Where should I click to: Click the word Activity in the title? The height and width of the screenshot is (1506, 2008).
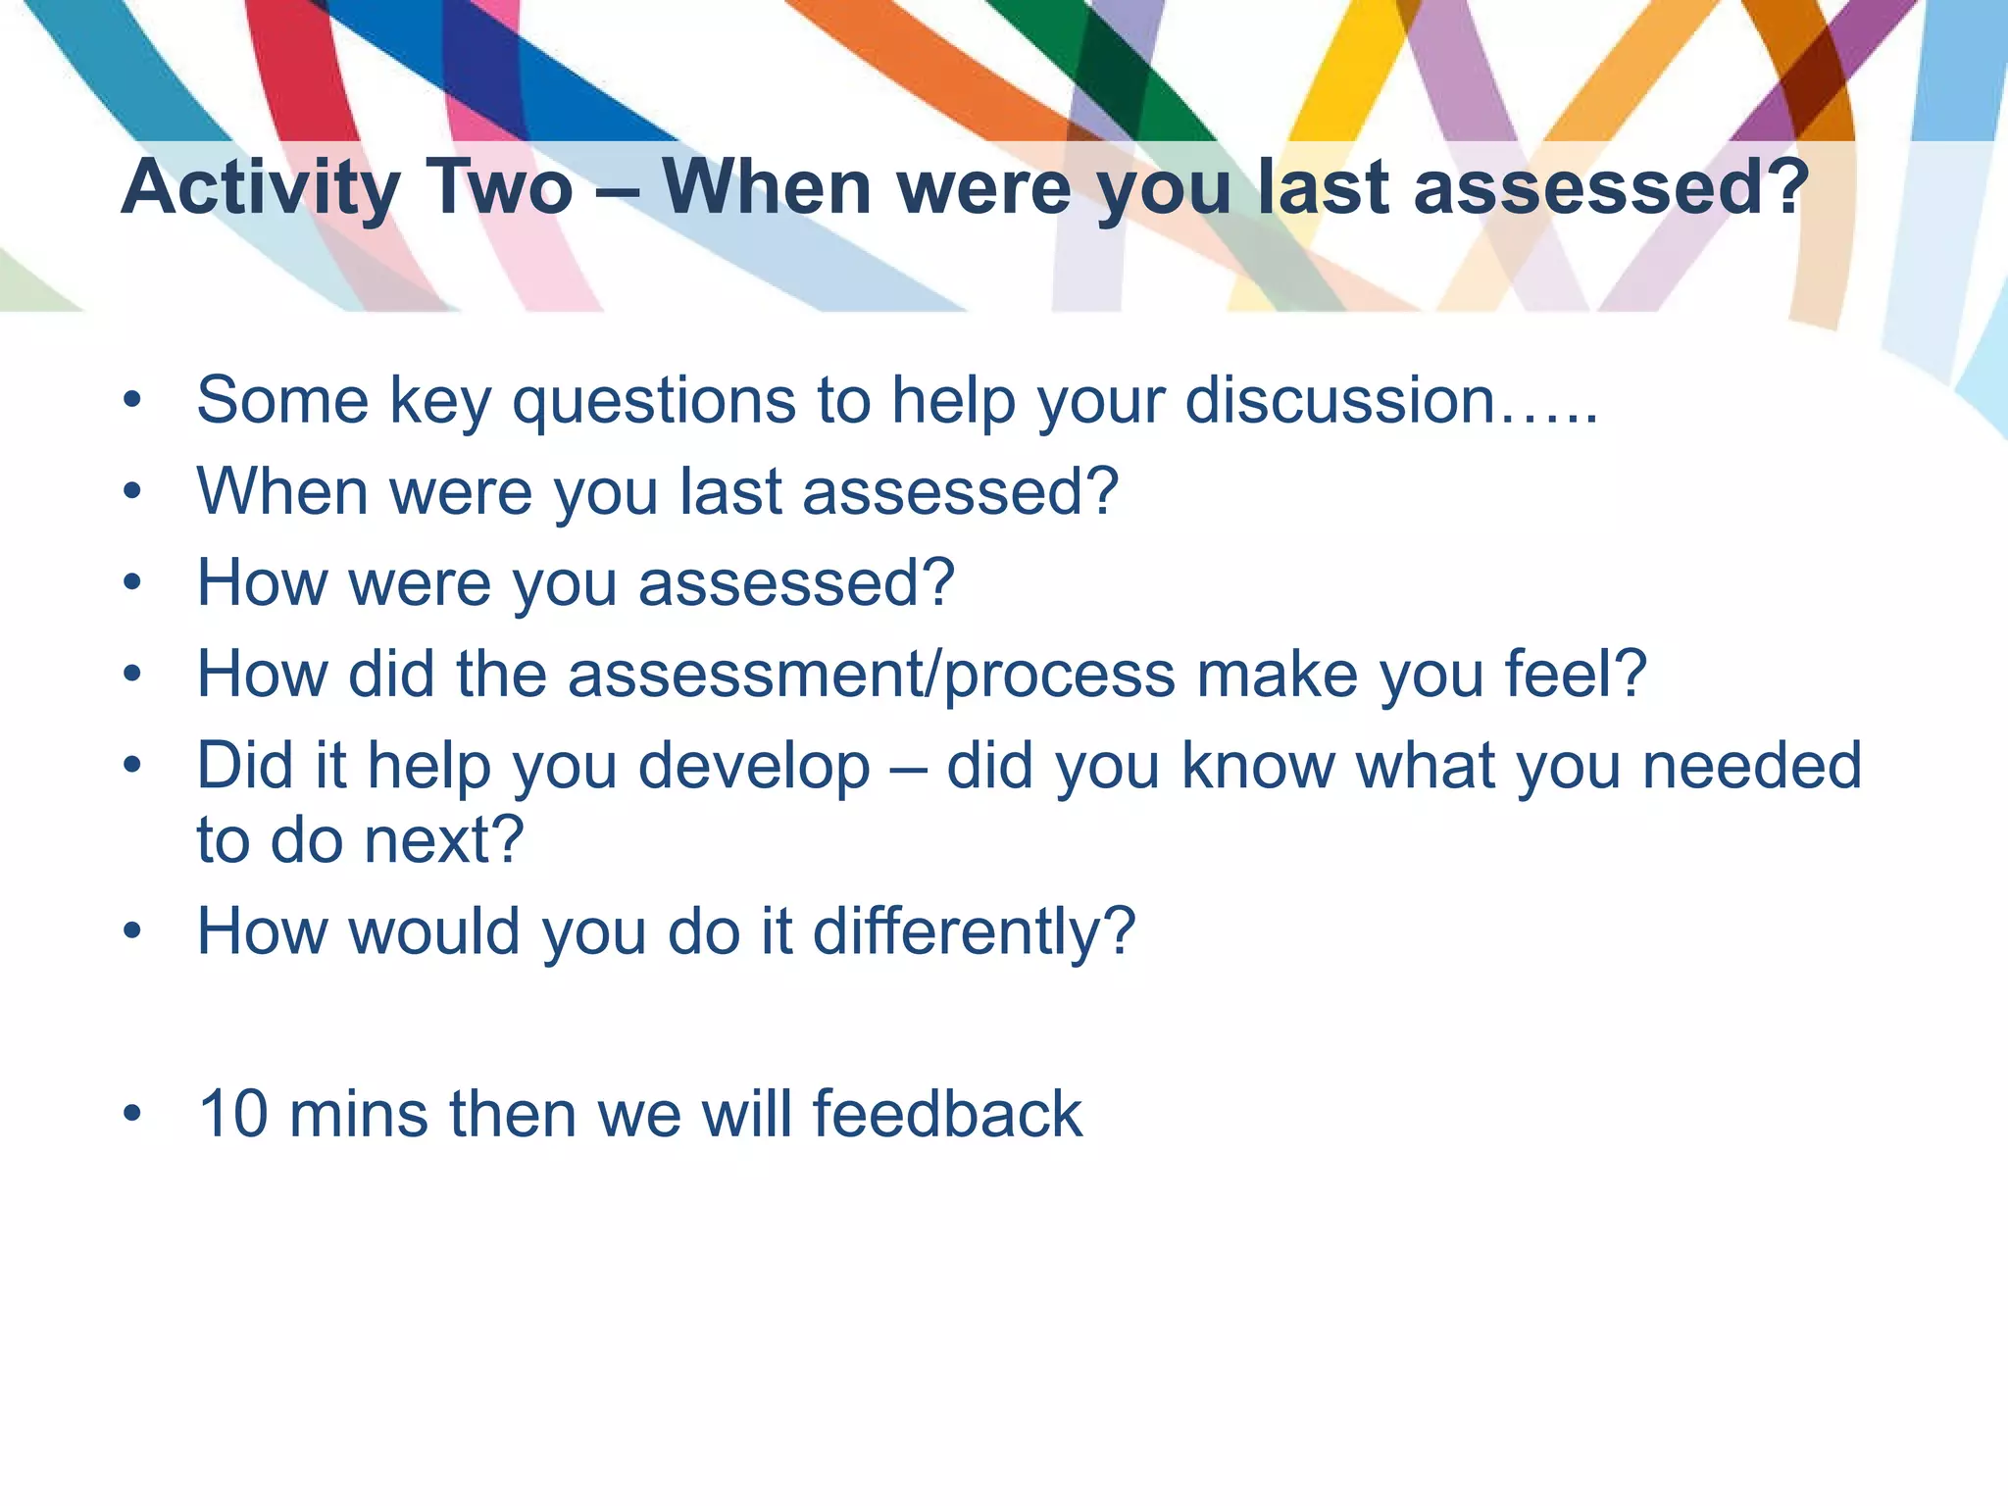tap(261, 187)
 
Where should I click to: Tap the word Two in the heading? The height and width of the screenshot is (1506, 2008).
tap(499, 187)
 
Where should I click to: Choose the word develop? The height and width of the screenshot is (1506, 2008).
tap(754, 767)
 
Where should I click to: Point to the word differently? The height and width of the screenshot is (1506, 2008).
tap(973, 931)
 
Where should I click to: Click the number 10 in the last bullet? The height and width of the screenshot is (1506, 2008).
tap(233, 1114)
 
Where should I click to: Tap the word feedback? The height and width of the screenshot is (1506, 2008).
tap(946, 1114)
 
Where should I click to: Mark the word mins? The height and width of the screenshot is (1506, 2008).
tap(359, 1114)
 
